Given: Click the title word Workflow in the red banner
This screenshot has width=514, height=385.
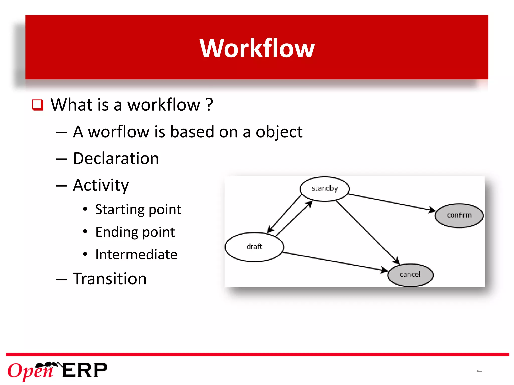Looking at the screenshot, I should [257, 48].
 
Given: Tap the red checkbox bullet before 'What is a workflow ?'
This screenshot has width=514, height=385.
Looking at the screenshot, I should [38, 105].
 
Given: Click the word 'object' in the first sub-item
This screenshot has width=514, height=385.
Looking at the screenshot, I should [279, 132].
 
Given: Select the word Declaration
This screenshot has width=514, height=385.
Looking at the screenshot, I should [116, 158].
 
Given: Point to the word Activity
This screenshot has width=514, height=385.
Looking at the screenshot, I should [101, 185].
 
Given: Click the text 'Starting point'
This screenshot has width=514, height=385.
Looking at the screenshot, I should [138, 210].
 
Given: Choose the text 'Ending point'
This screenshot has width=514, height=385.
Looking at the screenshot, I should [135, 232].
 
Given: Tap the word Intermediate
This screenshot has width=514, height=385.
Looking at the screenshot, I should [136, 255].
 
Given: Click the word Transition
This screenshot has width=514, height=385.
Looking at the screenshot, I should [110, 279].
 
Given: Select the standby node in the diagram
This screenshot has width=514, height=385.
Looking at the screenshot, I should [325, 188].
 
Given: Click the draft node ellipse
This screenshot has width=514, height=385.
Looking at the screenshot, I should [254, 247].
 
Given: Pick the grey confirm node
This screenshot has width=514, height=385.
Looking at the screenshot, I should [459, 215].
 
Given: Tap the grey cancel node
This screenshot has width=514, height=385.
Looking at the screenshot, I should [410, 275].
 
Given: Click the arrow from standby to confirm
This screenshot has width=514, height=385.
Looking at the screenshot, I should [392, 202].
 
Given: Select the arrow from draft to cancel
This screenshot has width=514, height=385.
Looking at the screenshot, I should [335, 261].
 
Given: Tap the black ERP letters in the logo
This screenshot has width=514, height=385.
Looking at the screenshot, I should [85, 370].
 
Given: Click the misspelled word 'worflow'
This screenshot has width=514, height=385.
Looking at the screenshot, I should [118, 132].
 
